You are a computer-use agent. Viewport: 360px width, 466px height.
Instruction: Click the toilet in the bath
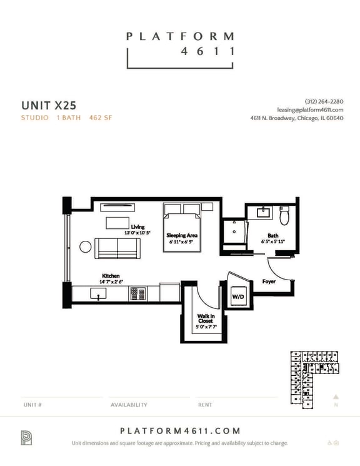tap(284, 216)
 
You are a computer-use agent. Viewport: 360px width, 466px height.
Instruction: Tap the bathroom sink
tap(262, 213)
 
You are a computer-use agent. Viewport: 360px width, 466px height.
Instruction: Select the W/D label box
tap(238, 296)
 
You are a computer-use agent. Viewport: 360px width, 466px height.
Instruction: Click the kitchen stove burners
tap(137, 293)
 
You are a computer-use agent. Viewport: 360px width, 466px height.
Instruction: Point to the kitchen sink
tap(98, 293)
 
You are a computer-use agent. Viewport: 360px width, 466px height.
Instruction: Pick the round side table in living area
tap(86, 246)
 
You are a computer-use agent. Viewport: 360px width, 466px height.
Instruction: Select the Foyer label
tap(269, 281)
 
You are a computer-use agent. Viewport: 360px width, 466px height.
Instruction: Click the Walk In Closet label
tap(205, 319)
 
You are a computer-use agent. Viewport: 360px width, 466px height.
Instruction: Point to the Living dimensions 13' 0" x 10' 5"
tap(137, 232)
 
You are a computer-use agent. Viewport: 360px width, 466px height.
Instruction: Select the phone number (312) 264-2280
tap(324, 101)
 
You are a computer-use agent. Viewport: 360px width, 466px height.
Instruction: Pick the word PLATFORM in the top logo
tap(180, 37)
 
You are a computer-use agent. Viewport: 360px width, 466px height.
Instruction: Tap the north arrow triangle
tap(336, 396)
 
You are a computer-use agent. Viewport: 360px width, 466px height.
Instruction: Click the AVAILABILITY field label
tap(129, 405)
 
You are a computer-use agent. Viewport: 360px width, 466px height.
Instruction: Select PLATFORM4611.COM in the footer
tap(180, 431)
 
